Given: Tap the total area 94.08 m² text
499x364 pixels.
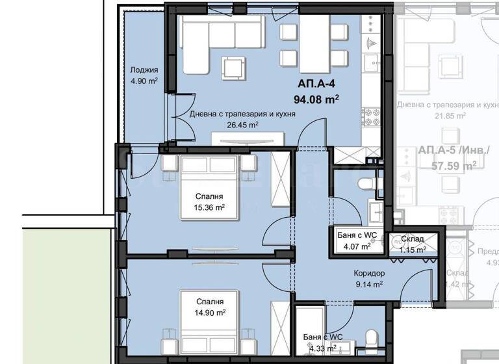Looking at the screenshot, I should point(320,99).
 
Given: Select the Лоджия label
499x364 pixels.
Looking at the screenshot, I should point(144,70).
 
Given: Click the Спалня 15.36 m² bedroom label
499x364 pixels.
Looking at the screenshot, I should point(210,201).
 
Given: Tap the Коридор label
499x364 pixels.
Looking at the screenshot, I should point(369,274).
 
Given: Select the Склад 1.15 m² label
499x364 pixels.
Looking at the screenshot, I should point(413,244).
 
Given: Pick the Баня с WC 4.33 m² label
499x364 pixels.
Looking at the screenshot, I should point(323,342).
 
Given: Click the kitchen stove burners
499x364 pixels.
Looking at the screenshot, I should point(371,116).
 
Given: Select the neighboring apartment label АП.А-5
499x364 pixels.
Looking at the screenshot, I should point(445,151).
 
